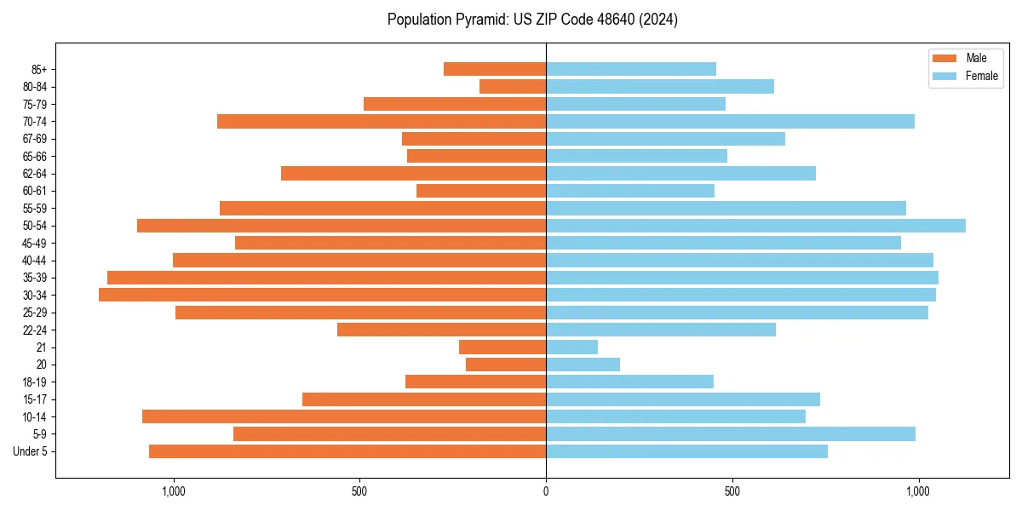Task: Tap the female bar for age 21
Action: click(x=571, y=347)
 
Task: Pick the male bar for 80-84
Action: click(x=513, y=86)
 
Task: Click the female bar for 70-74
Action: click(x=730, y=121)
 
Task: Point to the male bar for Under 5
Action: click(x=347, y=451)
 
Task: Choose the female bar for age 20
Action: click(x=583, y=365)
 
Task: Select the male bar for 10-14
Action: click(x=344, y=416)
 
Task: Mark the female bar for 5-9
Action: click(x=731, y=433)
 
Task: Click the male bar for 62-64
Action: click(x=413, y=173)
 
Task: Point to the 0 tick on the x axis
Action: click(x=546, y=491)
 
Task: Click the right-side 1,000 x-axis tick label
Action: click(x=918, y=491)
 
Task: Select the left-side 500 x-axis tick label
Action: click(x=359, y=491)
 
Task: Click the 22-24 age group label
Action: click(x=34, y=330)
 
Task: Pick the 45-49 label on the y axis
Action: click(x=34, y=243)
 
